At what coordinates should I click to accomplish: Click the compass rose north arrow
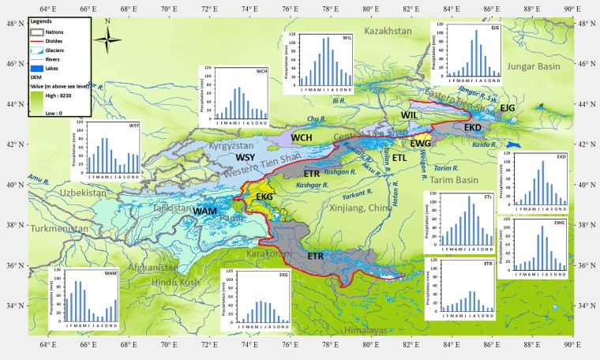pos(108,38)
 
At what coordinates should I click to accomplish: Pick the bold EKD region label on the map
pos(472,127)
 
